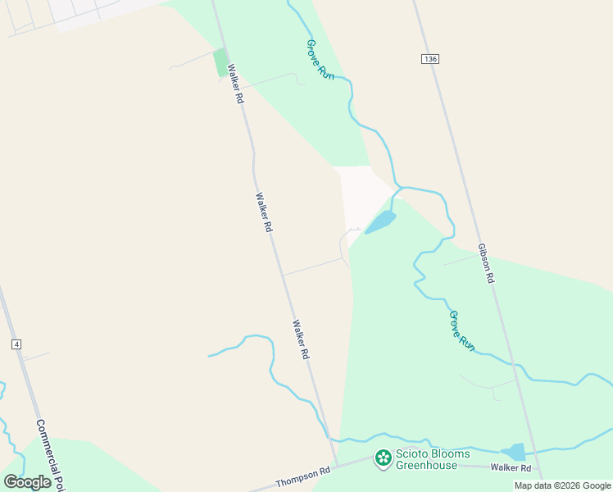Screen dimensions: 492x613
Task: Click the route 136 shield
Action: (431, 59)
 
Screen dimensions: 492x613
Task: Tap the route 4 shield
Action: (16, 344)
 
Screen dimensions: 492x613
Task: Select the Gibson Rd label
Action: (486, 263)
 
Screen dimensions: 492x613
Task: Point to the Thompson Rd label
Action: (302, 476)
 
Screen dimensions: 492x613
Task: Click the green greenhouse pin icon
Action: (383, 458)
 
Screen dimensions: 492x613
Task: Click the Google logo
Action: (28, 482)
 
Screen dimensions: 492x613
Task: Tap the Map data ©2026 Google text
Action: (562, 485)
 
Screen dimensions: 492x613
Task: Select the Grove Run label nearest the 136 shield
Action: (316, 58)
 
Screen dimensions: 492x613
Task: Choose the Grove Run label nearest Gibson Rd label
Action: (462, 330)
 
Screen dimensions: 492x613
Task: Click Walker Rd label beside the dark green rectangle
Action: (236, 84)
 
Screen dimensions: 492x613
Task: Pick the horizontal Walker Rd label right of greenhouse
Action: (511, 468)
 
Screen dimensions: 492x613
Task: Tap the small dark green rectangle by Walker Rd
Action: (220, 63)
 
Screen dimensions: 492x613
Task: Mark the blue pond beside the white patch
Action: (381, 221)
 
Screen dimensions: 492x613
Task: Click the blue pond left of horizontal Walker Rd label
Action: (515, 452)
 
